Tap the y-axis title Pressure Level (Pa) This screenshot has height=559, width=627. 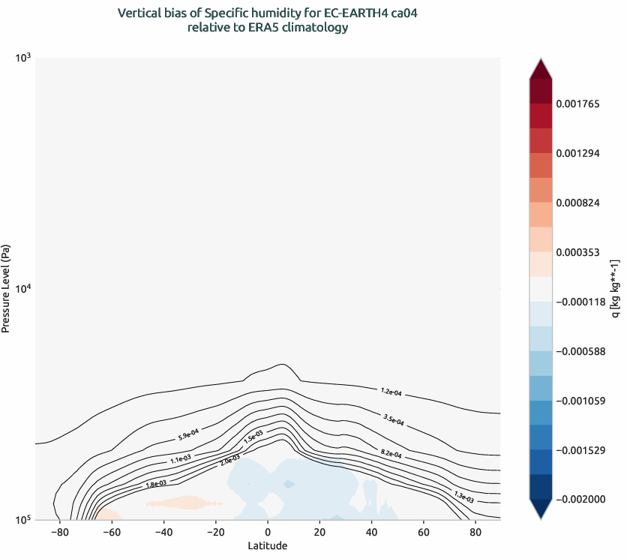(6, 288)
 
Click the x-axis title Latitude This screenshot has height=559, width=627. (267, 545)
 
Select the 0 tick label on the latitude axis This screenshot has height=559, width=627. (268, 532)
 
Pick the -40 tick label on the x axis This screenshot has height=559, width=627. (163, 532)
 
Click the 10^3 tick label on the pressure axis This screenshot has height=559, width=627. (22, 57)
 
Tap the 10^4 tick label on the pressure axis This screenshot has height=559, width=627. (22, 289)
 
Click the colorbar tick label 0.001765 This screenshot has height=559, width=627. (577, 104)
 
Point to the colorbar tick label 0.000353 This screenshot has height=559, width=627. (577, 252)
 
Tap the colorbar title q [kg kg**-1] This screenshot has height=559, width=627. (615, 289)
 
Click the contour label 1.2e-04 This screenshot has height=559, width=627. (391, 392)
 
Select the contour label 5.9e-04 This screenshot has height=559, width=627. (188, 434)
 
